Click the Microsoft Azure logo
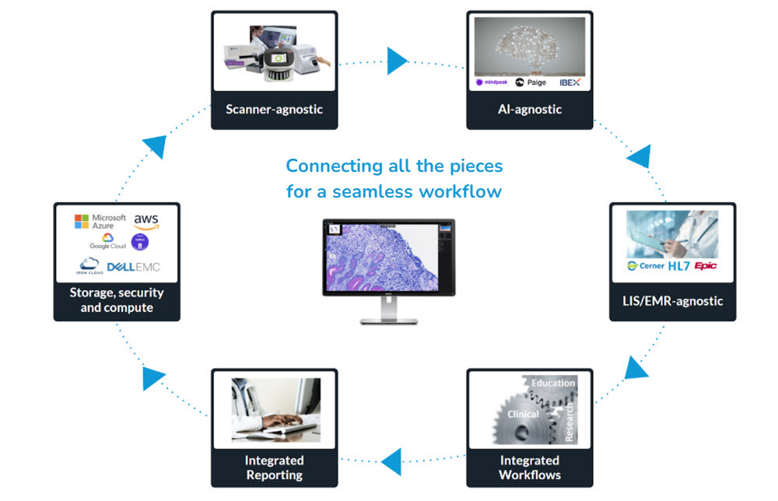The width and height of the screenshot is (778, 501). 100,222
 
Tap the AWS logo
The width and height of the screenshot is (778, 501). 145,221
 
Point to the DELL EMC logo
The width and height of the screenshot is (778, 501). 133,268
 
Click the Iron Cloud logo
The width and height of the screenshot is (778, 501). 90,266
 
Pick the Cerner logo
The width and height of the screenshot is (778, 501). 646,266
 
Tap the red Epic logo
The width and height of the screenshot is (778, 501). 706,266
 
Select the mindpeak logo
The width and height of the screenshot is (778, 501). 492,82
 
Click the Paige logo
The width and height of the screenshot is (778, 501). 531,82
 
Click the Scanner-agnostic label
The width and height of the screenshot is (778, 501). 274,109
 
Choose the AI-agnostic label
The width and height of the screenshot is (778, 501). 530,109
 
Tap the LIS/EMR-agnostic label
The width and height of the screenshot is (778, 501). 672,301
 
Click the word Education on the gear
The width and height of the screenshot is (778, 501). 553,383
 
